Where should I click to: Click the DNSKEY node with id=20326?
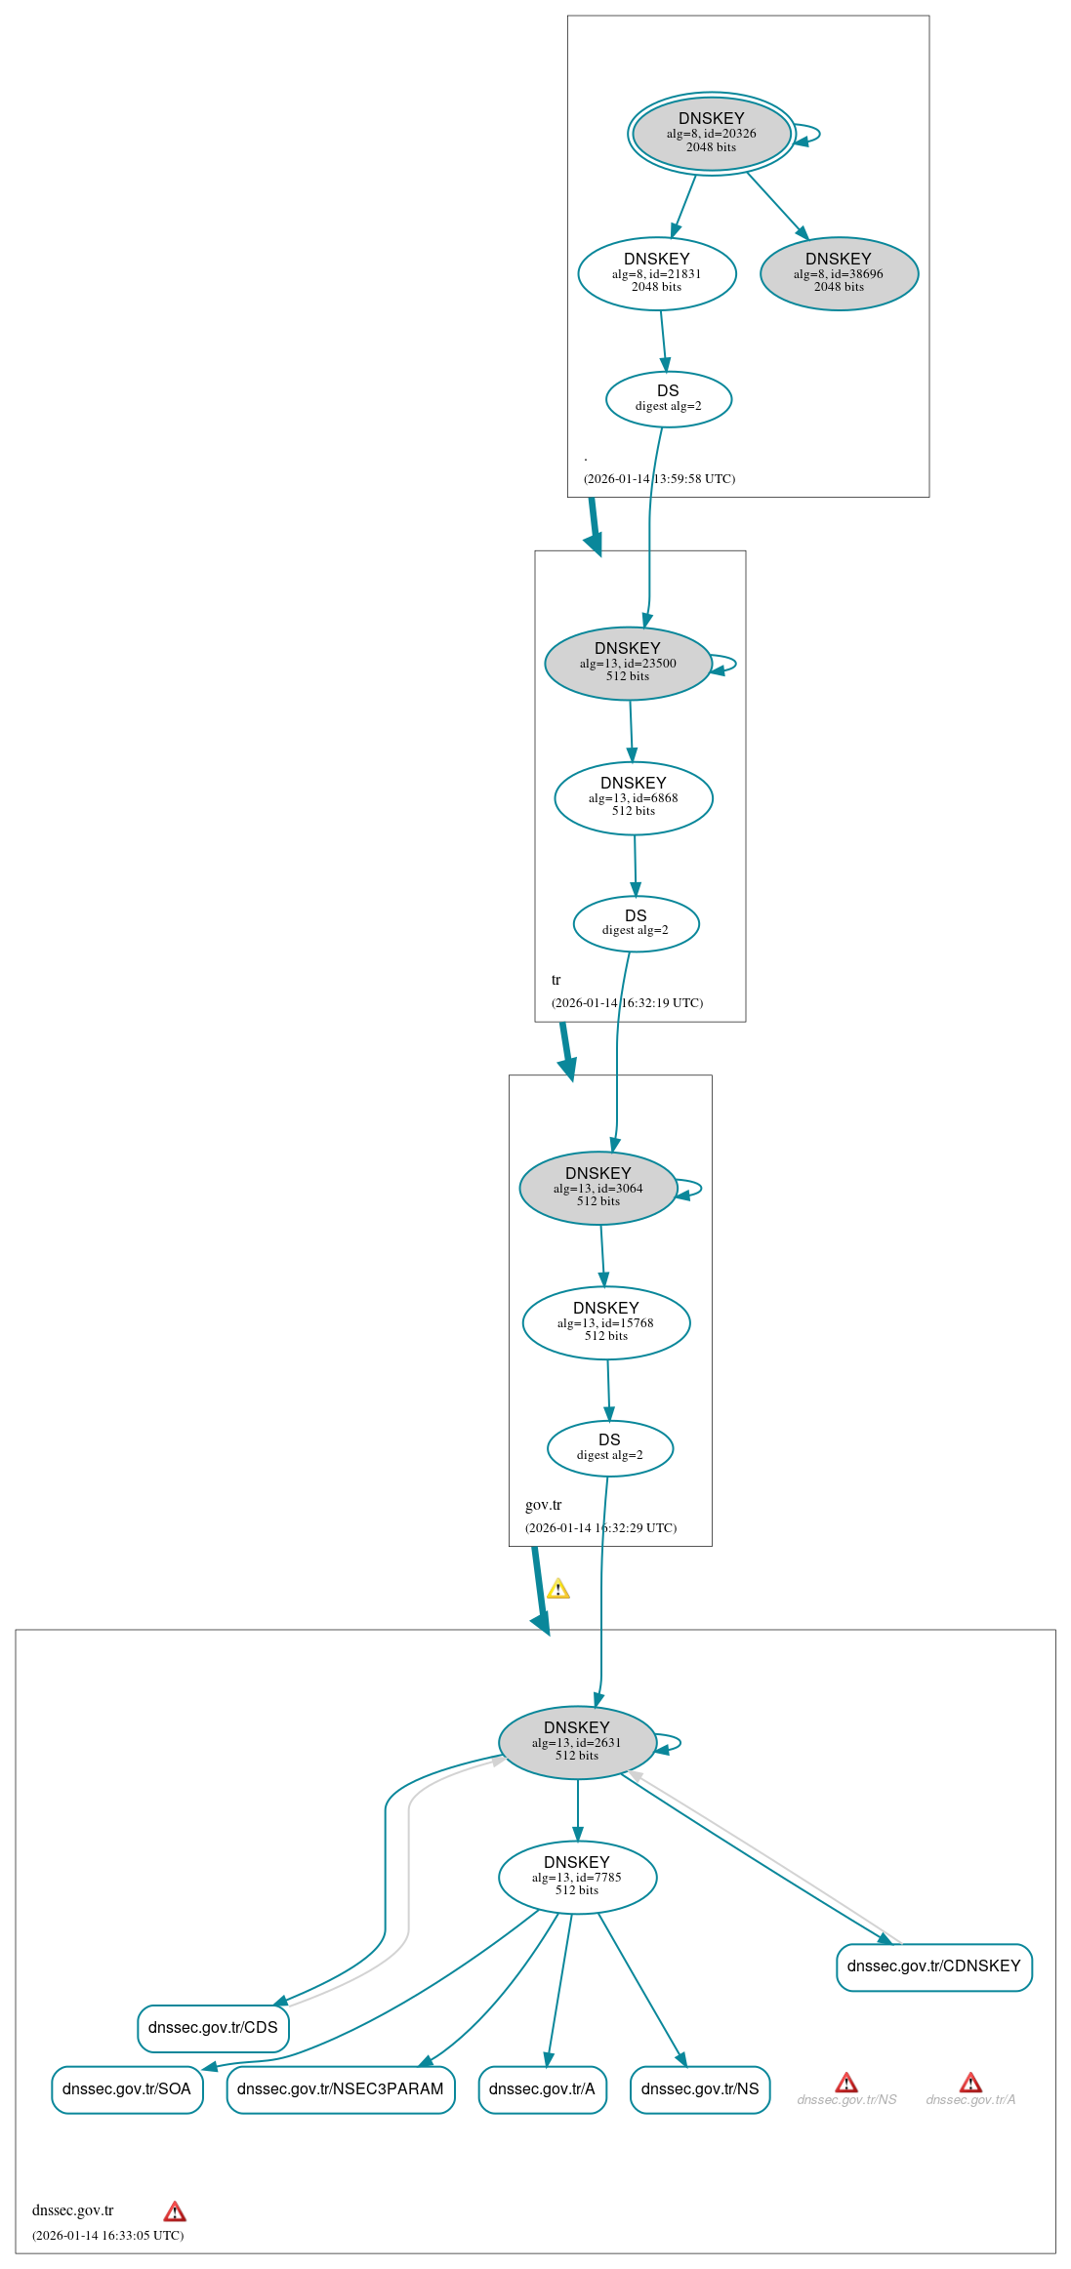[711, 133]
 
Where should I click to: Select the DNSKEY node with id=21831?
[656, 273]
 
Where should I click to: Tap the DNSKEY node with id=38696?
[839, 273]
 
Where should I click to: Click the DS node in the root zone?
[668, 398]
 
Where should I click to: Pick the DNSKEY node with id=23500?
[627, 663]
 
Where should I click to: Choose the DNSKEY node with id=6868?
[633, 797]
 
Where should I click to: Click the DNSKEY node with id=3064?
[597, 1188]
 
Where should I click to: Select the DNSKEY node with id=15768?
[605, 1322]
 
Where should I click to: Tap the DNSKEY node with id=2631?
[576, 1742]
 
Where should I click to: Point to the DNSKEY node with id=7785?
[576, 1877]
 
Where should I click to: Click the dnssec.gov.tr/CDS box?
[213, 2027]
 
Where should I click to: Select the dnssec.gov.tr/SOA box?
[127, 2088]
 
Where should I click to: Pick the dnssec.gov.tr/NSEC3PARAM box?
[340, 2088]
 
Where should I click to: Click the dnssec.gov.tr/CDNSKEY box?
[933, 1965]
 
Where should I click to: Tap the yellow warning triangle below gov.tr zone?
[557, 1589]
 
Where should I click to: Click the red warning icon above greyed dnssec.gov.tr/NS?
[846, 2082]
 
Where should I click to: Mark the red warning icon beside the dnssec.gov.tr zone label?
[174, 2210]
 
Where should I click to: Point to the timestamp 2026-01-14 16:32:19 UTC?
[627, 1002]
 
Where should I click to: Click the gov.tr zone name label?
[543, 1504]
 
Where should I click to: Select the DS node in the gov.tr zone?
[609, 1447]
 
